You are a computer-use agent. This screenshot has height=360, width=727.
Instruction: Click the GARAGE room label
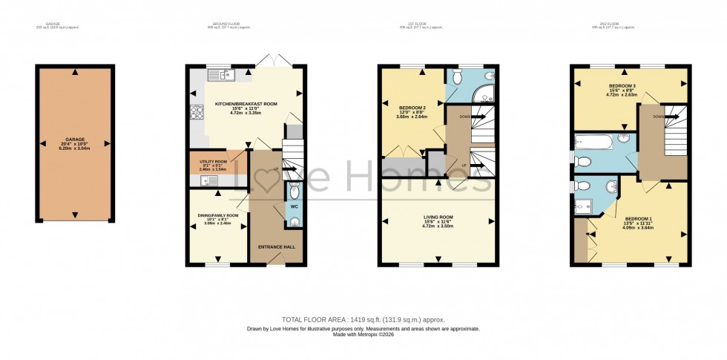pos(74,139)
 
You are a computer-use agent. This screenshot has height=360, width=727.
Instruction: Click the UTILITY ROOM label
pos(213,161)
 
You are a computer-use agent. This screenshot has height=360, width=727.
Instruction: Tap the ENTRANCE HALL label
pos(276,246)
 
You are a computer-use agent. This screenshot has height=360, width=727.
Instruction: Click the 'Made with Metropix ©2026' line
pos(363,335)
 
